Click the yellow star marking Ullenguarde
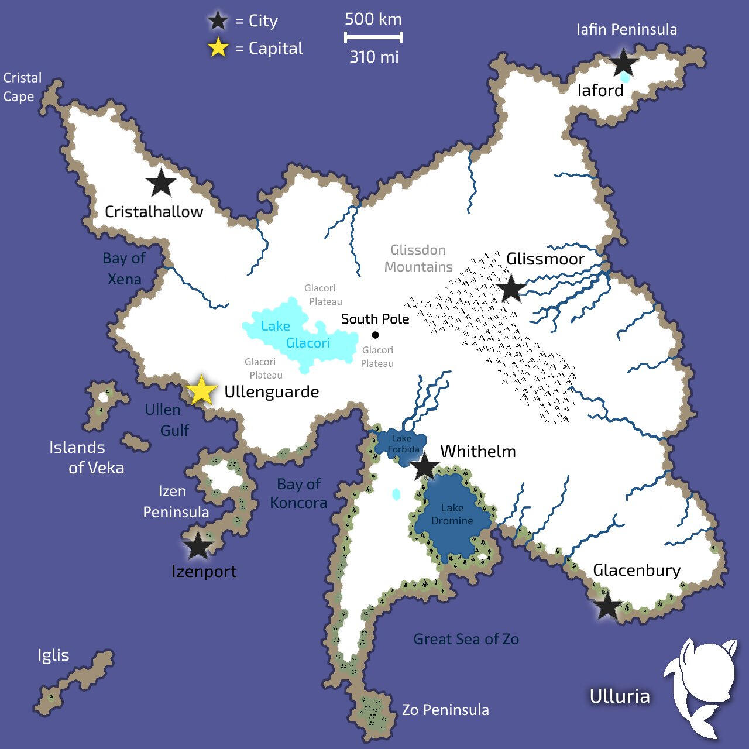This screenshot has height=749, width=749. tap(202, 390)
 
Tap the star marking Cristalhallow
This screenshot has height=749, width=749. tap(161, 183)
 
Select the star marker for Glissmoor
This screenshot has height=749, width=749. tap(511, 288)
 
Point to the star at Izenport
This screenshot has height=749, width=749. tap(198, 546)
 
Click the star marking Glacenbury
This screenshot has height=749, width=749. tap(607, 606)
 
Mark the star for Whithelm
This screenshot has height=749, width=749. tap(425, 466)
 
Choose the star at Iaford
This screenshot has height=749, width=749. tap(624, 63)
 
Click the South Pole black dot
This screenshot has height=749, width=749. tap(375, 335)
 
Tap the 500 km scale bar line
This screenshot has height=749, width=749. tap(373, 37)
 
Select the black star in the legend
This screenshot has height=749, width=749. tap(218, 21)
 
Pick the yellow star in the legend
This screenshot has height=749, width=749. tap(218, 48)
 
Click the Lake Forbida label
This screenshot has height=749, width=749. tap(403, 444)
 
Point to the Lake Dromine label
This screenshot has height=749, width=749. tap(452, 514)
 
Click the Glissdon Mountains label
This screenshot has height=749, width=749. tap(418, 258)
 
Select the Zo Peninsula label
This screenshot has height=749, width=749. tap(445, 710)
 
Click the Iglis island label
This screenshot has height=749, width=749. tap(53, 655)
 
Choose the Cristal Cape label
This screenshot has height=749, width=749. tap(22, 87)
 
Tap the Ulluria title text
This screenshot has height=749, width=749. tap(619, 696)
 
